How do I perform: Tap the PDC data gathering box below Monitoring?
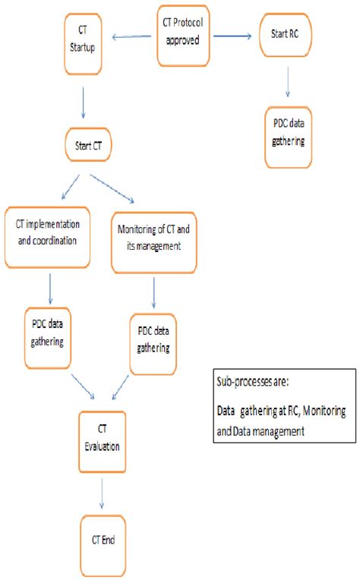pos(154,342)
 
